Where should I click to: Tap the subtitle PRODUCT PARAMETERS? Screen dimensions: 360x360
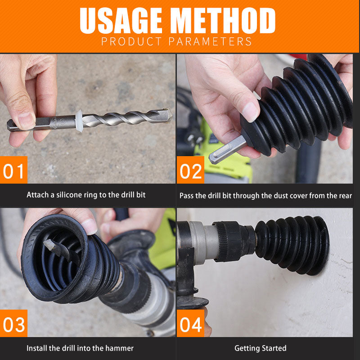pos(176,42)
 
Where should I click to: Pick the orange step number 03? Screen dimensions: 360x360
pos(13,324)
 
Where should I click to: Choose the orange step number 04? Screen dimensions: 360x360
pos(190,324)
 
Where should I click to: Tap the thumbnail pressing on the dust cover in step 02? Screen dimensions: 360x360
pos(250,111)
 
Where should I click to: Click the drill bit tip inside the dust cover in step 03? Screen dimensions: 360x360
pos(49,245)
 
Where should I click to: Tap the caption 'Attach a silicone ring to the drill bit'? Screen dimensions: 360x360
pos(86,195)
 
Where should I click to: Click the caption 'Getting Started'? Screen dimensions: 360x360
pos(260,348)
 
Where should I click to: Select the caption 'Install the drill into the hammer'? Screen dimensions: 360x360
pos(80,348)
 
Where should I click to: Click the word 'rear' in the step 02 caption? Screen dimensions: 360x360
pos(345,195)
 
